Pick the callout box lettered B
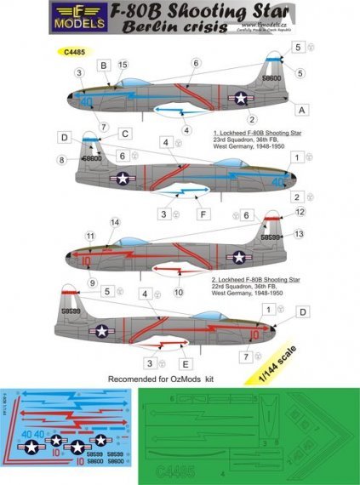tap(104, 65)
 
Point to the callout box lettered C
tap(124, 134)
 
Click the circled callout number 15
tap(123, 65)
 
